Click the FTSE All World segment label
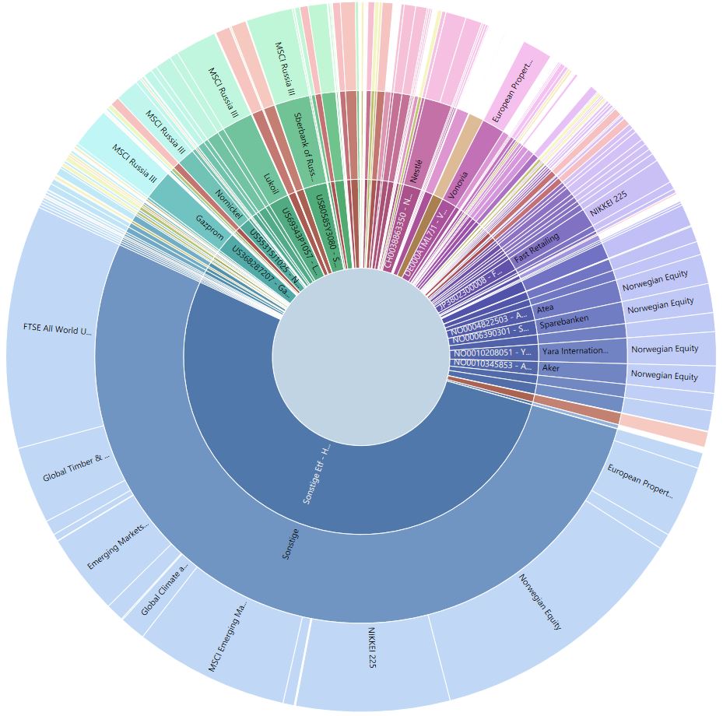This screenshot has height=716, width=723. (x=58, y=329)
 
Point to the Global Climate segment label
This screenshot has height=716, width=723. (x=164, y=592)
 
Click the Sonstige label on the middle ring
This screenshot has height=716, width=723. (x=290, y=543)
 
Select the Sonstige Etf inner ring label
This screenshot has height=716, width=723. (x=317, y=474)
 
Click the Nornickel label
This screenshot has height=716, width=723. (x=230, y=205)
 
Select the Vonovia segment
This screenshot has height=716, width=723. (x=458, y=184)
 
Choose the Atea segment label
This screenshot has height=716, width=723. (x=546, y=309)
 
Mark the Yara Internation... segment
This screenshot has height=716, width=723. (x=574, y=351)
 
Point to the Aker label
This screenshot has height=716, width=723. (x=551, y=367)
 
